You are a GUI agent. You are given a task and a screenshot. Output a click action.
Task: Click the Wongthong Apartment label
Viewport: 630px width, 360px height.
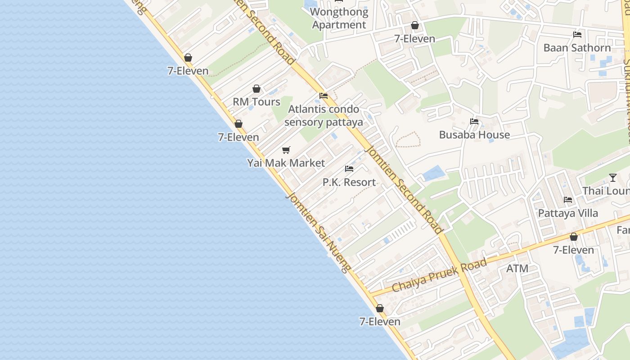[339, 18]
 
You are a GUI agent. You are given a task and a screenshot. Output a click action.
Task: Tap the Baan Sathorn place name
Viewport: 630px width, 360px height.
[577, 48]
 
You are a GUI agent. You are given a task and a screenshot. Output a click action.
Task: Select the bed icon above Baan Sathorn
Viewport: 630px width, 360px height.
[577, 35]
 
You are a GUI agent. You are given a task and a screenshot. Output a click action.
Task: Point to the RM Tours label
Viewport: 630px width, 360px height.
[256, 102]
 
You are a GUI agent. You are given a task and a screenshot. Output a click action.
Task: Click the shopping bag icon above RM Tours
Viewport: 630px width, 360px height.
[256, 89]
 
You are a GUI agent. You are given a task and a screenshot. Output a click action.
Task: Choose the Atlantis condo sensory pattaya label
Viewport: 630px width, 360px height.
[324, 116]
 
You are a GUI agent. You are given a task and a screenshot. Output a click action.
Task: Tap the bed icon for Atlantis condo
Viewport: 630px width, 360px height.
[323, 96]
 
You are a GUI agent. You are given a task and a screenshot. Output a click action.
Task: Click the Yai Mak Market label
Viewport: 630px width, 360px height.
[286, 163]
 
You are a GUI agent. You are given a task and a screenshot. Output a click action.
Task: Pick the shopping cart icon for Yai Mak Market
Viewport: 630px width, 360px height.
[286, 150]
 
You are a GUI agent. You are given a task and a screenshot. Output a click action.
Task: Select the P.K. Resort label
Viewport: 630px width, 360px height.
[349, 182]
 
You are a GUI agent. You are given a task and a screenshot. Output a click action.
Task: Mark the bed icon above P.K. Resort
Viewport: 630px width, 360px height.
[349, 169]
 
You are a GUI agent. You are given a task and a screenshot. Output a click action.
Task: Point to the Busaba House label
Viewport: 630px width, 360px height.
[474, 135]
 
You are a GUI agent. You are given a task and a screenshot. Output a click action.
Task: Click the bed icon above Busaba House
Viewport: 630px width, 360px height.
[474, 121]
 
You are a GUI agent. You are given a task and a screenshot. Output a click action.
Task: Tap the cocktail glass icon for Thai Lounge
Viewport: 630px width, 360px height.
[612, 178]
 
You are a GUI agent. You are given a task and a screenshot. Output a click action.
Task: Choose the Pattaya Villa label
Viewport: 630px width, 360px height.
[568, 213]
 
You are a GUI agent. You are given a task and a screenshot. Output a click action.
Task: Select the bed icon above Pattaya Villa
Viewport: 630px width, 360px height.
[568, 200]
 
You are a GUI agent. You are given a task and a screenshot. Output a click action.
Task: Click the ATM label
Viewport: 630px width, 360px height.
[517, 269]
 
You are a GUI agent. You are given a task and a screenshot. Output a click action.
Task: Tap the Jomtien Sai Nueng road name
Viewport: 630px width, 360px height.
[318, 233]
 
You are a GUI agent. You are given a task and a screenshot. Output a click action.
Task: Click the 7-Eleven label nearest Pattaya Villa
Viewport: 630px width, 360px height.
[573, 250]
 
